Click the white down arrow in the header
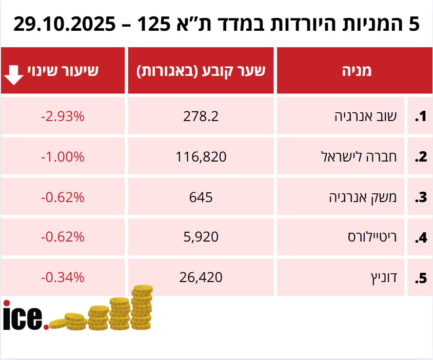pos(13,74)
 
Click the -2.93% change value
pos(63,116)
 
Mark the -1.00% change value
pos(63,156)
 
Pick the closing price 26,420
pos(201,277)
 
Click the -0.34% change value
pos(63,277)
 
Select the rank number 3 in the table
pos(421,197)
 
